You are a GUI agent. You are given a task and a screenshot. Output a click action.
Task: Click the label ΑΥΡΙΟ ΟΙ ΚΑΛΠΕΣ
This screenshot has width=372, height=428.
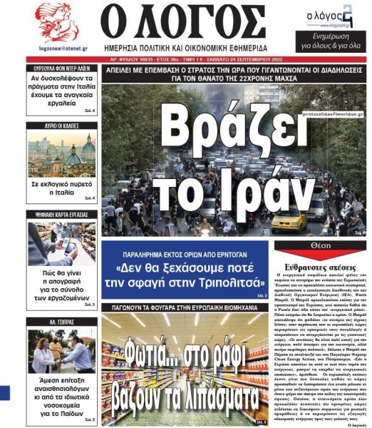tap(61, 126)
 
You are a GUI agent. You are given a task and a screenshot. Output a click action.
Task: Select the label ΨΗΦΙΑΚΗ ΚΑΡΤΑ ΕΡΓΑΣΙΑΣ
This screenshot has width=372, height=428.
tap(61, 213)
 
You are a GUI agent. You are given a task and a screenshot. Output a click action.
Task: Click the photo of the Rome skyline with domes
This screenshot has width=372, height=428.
tap(61, 153)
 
